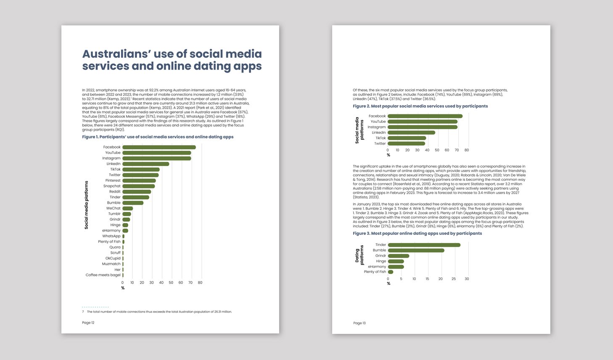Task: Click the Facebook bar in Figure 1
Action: tap(159, 147)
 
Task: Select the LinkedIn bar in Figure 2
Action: tap(411, 132)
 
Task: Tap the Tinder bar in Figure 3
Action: tap(424, 245)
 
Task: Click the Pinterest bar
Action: tap(139, 180)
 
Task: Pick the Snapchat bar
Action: tap(139, 186)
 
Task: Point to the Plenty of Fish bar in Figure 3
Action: tap(391, 272)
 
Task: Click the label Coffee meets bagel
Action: tap(103, 275)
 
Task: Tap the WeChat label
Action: tap(113, 208)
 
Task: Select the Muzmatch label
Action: tap(111, 264)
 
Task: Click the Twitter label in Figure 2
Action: tap(380, 143)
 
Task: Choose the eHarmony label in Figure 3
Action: tap(377, 267)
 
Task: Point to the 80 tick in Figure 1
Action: tap(200, 283)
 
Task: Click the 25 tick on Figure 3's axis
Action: tap(454, 279)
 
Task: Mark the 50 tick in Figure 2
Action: tap(437, 150)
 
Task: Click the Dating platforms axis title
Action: tap(359, 255)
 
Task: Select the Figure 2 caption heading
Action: tap(420, 106)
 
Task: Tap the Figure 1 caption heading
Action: tap(158, 137)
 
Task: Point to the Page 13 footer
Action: tap(359, 323)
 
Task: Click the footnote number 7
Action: tap(83, 312)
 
